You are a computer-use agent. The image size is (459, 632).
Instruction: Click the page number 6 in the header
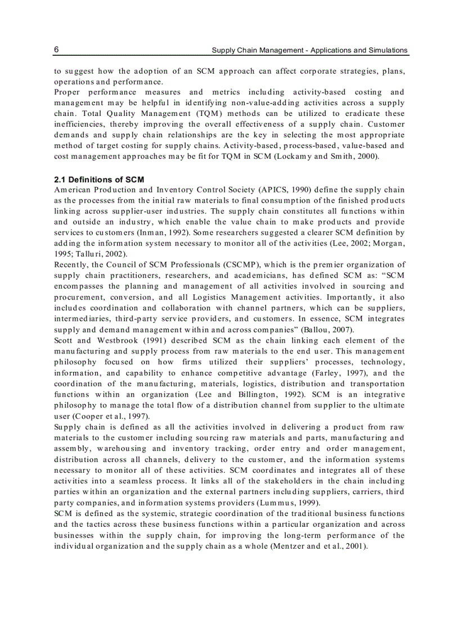tap(57, 50)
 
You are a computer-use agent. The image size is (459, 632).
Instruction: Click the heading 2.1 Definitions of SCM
tap(99, 180)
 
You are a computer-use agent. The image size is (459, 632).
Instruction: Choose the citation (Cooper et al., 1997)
tap(102, 415)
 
